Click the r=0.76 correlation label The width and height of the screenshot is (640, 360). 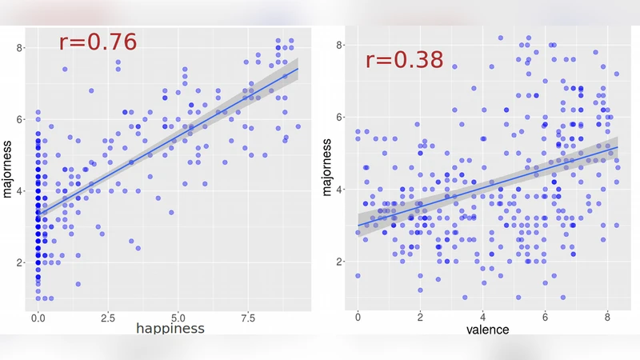point(98,42)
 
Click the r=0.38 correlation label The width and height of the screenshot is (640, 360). point(404,60)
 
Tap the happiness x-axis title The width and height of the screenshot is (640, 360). point(170,328)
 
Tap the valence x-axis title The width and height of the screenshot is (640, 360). point(482,329)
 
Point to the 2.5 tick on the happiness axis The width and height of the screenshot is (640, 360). point(108,317)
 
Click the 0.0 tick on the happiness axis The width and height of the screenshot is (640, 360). point(38,317)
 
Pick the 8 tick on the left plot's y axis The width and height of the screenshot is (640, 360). point(19,48)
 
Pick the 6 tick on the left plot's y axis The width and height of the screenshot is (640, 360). point(19,119)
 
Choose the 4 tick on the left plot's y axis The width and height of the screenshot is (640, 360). point(19,190)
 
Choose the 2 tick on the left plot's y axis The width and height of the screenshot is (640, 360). point(19,262)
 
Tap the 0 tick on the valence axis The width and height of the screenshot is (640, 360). point(358,317)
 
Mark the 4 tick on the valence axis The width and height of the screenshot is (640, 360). point(482,317)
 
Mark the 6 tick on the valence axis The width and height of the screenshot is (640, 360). point(545,317)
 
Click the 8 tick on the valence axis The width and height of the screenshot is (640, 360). point(607,317)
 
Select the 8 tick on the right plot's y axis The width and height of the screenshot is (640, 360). point(339,45)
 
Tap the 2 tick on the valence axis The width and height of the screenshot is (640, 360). point(420,317)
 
